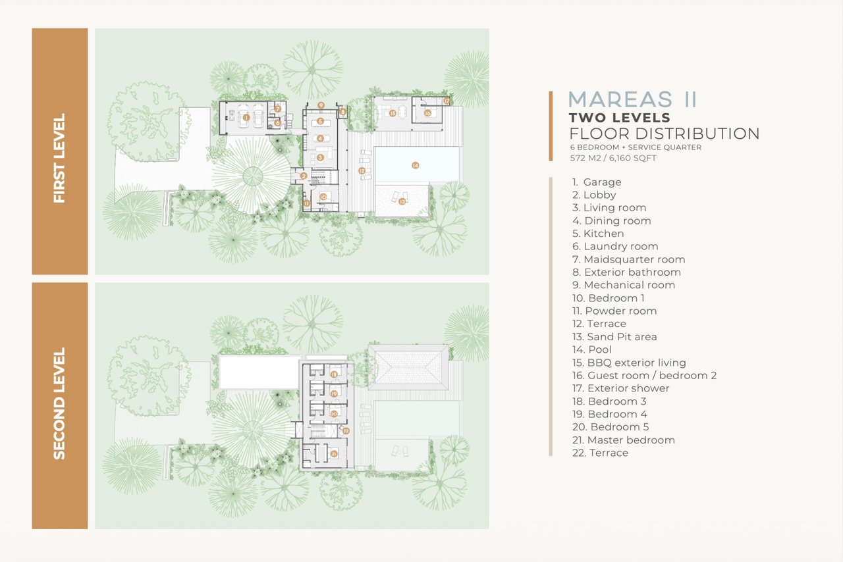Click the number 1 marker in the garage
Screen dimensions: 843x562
click(x=246, y=118)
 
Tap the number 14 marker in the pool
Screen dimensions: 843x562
click(x=415, y=166)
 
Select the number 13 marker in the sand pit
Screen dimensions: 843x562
click(x=402, y=201)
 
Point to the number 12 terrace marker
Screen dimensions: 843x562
click(x=362, y=171)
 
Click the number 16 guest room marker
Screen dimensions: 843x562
click(x=427, y=113)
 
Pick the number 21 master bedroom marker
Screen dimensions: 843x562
click(x=333, y=454)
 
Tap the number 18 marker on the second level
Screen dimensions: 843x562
click(x=334, y=374)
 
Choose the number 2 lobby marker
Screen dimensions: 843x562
click(x=304, y=176)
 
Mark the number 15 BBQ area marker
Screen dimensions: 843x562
click(x=392, y=113)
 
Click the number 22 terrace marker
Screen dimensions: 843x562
click(x=346, y=431)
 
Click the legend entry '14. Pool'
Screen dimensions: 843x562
click(x=591, y=349)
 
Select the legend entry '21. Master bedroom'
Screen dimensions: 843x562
click(x=623, y=440)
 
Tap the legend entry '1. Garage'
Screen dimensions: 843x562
click(x=597, y=182)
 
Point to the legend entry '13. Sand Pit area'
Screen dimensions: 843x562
click(x=614, y=337)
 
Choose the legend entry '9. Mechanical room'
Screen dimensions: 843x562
click(x=623, y=285)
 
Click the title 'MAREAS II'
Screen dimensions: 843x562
click(x=632, y=99)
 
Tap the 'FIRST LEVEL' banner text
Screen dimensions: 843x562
click(x=59, y=158)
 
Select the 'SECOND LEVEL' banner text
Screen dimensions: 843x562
click(x=59, y=403)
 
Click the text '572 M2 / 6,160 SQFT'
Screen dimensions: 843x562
click(x=613, y=158)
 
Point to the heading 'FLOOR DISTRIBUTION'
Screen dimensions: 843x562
click(x=665, y=134)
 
